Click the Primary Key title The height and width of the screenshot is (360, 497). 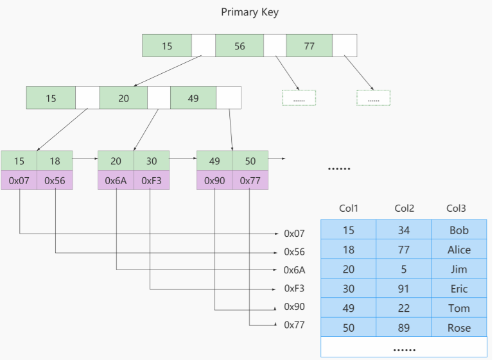250,12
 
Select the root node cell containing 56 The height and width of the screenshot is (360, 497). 240,46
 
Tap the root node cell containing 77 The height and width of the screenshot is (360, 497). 309,46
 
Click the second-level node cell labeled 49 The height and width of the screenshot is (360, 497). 193,98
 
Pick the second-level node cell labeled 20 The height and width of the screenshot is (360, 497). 123,98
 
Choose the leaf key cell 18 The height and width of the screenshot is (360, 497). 55,160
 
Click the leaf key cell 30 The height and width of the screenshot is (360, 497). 152,160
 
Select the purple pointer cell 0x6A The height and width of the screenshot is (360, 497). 116,180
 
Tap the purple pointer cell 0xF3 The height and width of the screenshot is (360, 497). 152,180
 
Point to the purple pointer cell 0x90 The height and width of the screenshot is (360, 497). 214,180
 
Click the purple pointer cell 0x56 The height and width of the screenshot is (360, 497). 55,180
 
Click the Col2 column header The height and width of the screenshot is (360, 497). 405,209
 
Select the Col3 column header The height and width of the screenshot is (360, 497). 456,209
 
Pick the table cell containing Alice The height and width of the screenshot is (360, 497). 459,250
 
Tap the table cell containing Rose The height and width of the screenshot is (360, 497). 459,328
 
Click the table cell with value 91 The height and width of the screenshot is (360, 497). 405,289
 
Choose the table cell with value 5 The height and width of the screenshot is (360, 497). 405,270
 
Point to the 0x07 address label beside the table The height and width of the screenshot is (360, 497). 294,234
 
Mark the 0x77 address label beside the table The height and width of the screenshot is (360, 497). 294,325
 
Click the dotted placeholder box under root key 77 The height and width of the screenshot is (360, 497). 374,98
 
